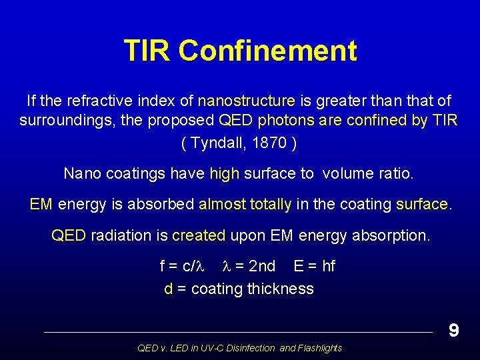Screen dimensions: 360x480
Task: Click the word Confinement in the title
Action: point(268,51)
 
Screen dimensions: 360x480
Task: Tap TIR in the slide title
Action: point(147,51)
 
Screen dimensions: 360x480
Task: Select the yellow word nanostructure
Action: point(246,101)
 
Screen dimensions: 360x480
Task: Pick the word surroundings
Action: point(61,121)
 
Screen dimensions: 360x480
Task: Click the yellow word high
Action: point(224,174)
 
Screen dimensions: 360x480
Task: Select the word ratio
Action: point(397,174)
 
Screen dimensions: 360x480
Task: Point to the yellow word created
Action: point(199,235)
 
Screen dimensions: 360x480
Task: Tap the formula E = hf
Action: point(314,267)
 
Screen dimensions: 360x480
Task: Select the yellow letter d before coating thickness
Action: point(169,289)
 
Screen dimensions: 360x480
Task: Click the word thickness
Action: point(280,289)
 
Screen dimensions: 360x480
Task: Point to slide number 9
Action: point(453,331)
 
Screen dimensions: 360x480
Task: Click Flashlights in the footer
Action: point(320,348)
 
